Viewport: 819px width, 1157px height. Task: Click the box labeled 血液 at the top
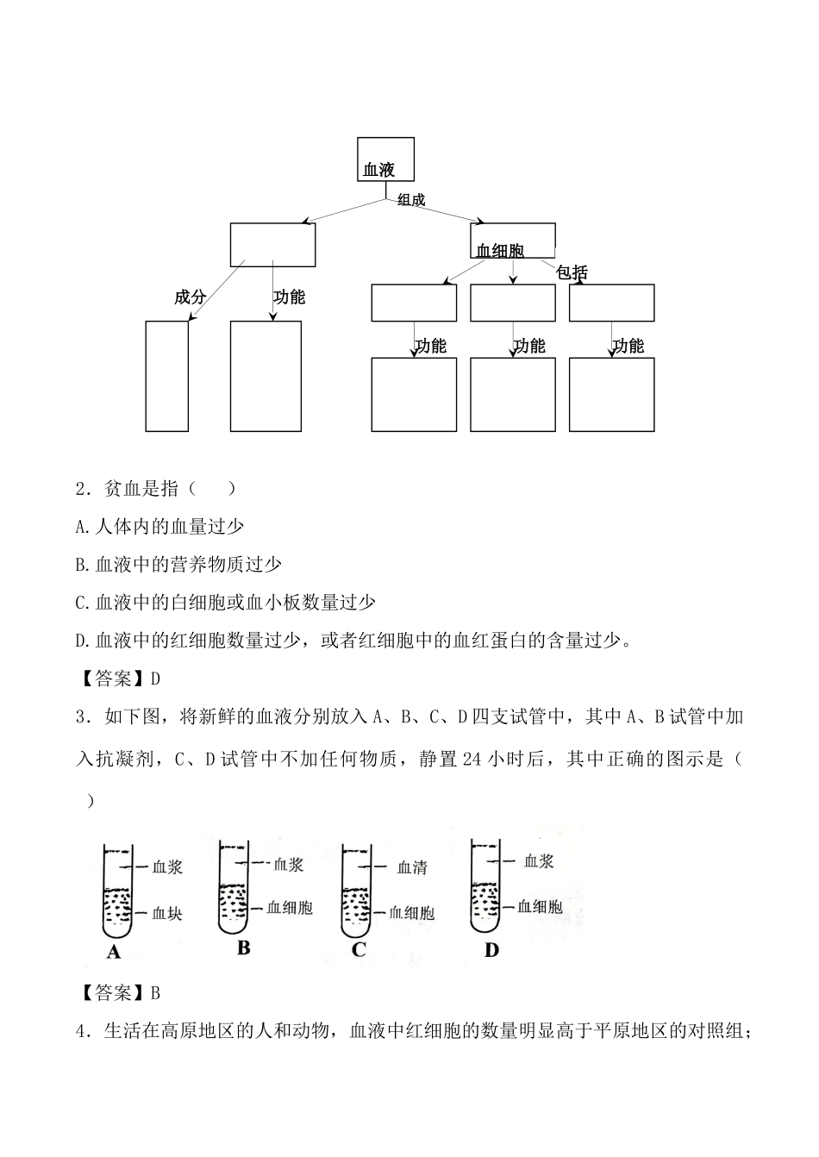coord(385,159)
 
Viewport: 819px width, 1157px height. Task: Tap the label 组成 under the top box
coord(411,200)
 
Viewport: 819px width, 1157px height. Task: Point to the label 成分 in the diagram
coord(190,297)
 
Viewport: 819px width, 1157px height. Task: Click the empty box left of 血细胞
coord(272,245)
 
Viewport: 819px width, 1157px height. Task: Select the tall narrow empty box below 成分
coord(166,376)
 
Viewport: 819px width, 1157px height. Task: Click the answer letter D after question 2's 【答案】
coord(155,679)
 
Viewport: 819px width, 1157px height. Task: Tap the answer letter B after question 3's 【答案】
coord(155,993)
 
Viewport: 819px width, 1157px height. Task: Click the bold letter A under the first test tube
coord(113,953)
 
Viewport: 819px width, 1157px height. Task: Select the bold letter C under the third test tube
coord(359,950)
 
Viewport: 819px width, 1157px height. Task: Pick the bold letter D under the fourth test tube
coord(491,950)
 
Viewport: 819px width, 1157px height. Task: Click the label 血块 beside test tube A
coord(167,913)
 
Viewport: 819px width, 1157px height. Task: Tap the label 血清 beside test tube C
coord(412,867)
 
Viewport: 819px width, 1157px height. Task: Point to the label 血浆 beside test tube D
coord(539,860)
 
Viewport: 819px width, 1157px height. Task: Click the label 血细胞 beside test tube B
coord(290,907)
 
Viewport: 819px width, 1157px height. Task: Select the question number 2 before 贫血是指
coord(81,489)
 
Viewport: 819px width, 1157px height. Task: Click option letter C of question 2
coord(81,603)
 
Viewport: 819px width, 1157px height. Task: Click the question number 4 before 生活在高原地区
coord(81,1031)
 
